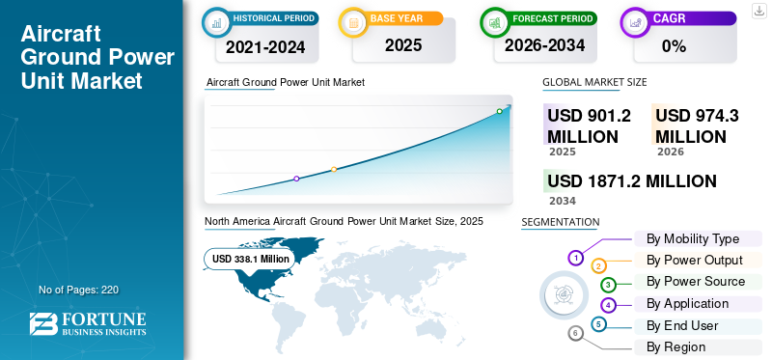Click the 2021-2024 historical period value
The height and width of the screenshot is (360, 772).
264,45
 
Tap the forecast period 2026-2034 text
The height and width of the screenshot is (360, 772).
544,44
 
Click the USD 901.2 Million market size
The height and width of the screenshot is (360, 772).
589,125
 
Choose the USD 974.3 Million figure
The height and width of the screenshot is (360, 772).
697,125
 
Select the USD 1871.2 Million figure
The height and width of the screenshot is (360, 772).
631,180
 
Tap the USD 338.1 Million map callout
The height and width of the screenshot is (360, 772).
250,259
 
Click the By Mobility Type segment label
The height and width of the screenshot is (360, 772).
693,238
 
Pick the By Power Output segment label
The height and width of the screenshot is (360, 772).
694,260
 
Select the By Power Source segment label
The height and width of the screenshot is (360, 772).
696,281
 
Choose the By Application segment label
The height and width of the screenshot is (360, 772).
687,303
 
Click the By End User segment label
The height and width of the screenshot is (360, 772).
682,325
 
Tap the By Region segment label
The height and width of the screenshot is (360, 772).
675,346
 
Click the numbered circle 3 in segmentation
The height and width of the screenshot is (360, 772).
608,285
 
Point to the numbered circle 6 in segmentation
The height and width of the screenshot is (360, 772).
576,333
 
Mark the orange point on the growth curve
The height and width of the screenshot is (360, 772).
334,169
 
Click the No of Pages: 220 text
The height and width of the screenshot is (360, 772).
78,290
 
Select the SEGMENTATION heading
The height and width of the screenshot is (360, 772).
560,222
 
